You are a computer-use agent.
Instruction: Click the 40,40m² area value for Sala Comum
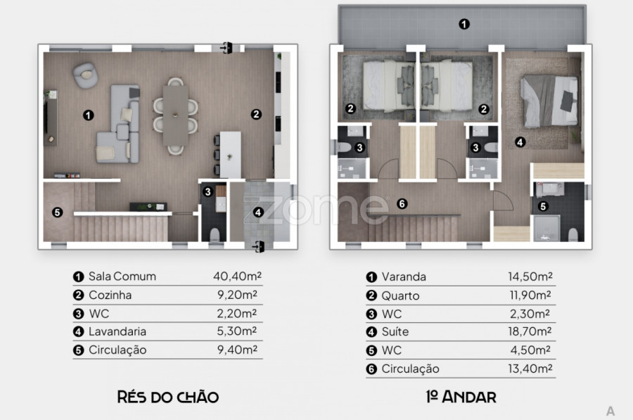[238, 276]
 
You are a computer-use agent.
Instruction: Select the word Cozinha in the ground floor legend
[110, 295]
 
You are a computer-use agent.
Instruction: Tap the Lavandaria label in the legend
[117, 331]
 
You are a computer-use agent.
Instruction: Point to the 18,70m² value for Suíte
[530, 331]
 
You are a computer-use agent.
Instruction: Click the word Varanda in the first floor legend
[404, 276]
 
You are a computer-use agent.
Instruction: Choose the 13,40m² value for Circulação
[530, 369]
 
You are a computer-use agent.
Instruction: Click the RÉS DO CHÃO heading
[168, 397]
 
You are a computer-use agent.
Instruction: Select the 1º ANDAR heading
[461, 397]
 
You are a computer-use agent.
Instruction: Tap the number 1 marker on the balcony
[464, 24]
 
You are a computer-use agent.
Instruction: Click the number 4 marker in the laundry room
[258, 212]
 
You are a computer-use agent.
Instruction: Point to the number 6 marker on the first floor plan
[402, 204]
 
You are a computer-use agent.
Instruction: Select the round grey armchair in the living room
[85, 75]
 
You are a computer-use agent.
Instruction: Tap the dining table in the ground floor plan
[176, 115]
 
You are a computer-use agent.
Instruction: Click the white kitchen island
[230, 155]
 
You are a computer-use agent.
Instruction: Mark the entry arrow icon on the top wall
[226, 48]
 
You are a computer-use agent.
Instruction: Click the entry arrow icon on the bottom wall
[258, 246]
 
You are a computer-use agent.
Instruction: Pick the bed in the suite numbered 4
[549, 101]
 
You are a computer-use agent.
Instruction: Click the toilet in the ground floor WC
[215, 235]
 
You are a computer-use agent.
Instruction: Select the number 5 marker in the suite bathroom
[543, 206]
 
